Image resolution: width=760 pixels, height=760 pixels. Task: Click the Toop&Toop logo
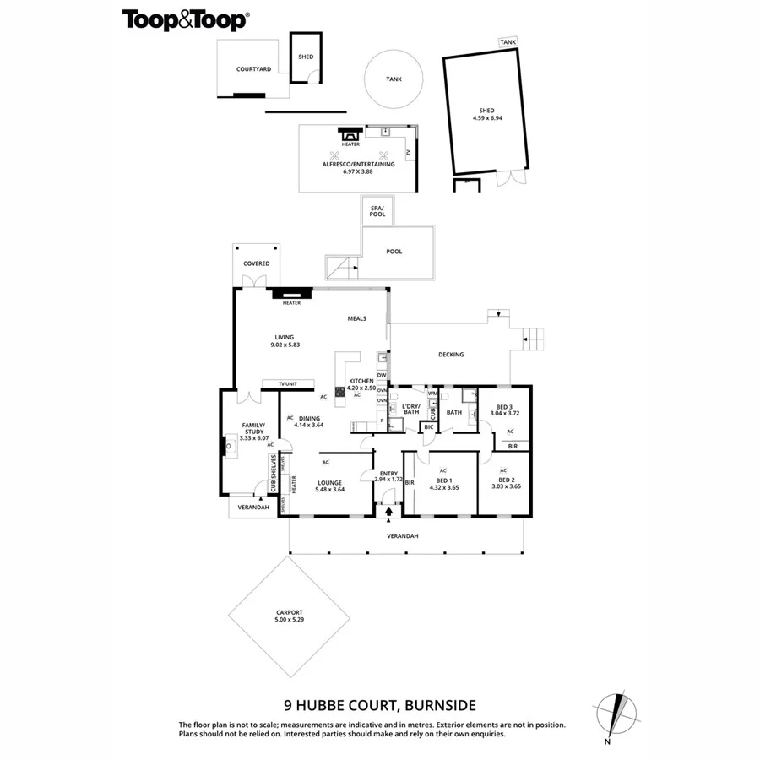click(186, 19)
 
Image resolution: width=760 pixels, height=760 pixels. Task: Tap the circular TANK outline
click(394, 79)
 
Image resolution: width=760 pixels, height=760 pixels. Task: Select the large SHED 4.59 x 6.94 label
click(486, 114)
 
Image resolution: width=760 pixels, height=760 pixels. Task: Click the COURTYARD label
click(253, 69)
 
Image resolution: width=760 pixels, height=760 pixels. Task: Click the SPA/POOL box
click(377, 211)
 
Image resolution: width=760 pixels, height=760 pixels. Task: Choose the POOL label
click(394, 252)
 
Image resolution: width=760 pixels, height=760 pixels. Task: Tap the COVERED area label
click(257, 263)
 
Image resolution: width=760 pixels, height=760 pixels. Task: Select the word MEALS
click(357, 318)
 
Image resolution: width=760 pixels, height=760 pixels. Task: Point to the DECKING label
click(452, 355)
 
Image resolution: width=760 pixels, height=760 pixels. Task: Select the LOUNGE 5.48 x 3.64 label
click(329, 486)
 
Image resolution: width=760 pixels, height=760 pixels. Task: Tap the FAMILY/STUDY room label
click(254, 432)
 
